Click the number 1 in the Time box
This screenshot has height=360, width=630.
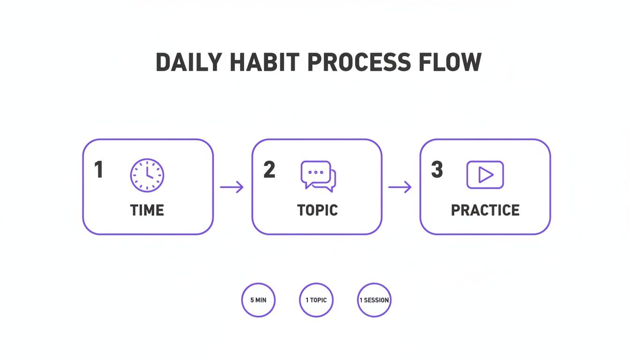[98, 170]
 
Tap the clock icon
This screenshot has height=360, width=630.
[147, 175]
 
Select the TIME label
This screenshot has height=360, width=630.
[147, 210]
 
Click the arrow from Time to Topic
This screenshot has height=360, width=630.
[232, 187]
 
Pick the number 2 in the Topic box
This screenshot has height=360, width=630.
[269, 170]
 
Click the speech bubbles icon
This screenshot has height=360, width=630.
[318, 176]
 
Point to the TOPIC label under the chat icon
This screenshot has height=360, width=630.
[317, 210]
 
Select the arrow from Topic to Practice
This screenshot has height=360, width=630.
[400, 187]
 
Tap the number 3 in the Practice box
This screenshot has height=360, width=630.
[437, 170]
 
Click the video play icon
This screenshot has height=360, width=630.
[485, 175]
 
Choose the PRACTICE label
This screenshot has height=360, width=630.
[485, 210]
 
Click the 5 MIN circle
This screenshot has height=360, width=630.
[258, 300]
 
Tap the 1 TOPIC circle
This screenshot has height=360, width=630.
[316, 300]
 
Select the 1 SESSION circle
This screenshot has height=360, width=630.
[374, 300]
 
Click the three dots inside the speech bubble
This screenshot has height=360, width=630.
[316, 172]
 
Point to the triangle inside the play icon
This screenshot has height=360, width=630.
[486, 175]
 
